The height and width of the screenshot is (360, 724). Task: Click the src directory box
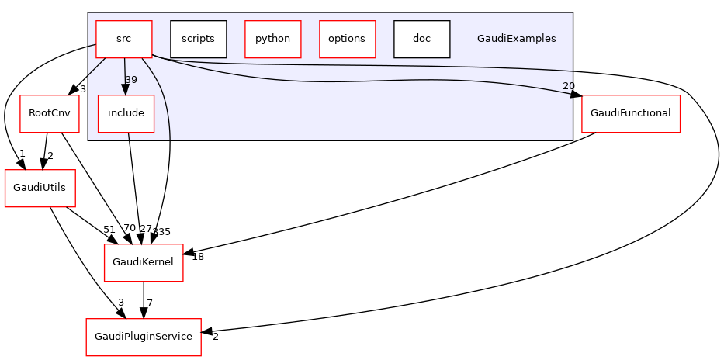(x=123, y=39)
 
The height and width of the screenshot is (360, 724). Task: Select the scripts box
(x=198, y=39)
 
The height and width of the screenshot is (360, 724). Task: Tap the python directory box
(x=272, y=39)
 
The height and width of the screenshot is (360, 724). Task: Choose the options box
(x=347, y=39)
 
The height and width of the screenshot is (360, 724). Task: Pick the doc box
(x=421, y=39)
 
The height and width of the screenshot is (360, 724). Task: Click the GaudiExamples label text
(x=516, y=39)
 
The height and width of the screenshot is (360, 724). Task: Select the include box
(x=126, y=113)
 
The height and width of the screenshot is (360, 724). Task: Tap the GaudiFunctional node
(x=631, y=113)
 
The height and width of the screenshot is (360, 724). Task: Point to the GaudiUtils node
(x=33, y=188)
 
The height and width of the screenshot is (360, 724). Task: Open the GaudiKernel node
(x=144, y=262)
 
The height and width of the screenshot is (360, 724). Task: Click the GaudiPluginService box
(x=144, y=337)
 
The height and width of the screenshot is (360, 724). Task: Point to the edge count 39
(x=131, y=80)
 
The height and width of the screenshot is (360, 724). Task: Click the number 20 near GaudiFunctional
(x=568, y=86)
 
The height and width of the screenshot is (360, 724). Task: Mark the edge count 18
(x=198, y=257)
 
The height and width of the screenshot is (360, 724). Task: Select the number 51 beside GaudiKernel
(x=109, y=229)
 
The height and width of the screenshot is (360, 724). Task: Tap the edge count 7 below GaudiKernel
(x=150, y=302)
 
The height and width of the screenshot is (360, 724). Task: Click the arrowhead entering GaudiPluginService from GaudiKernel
(x=144, y=313)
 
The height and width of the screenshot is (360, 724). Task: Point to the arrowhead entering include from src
(x=125, y=90)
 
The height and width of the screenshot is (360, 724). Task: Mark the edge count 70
(x=130, y=229)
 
